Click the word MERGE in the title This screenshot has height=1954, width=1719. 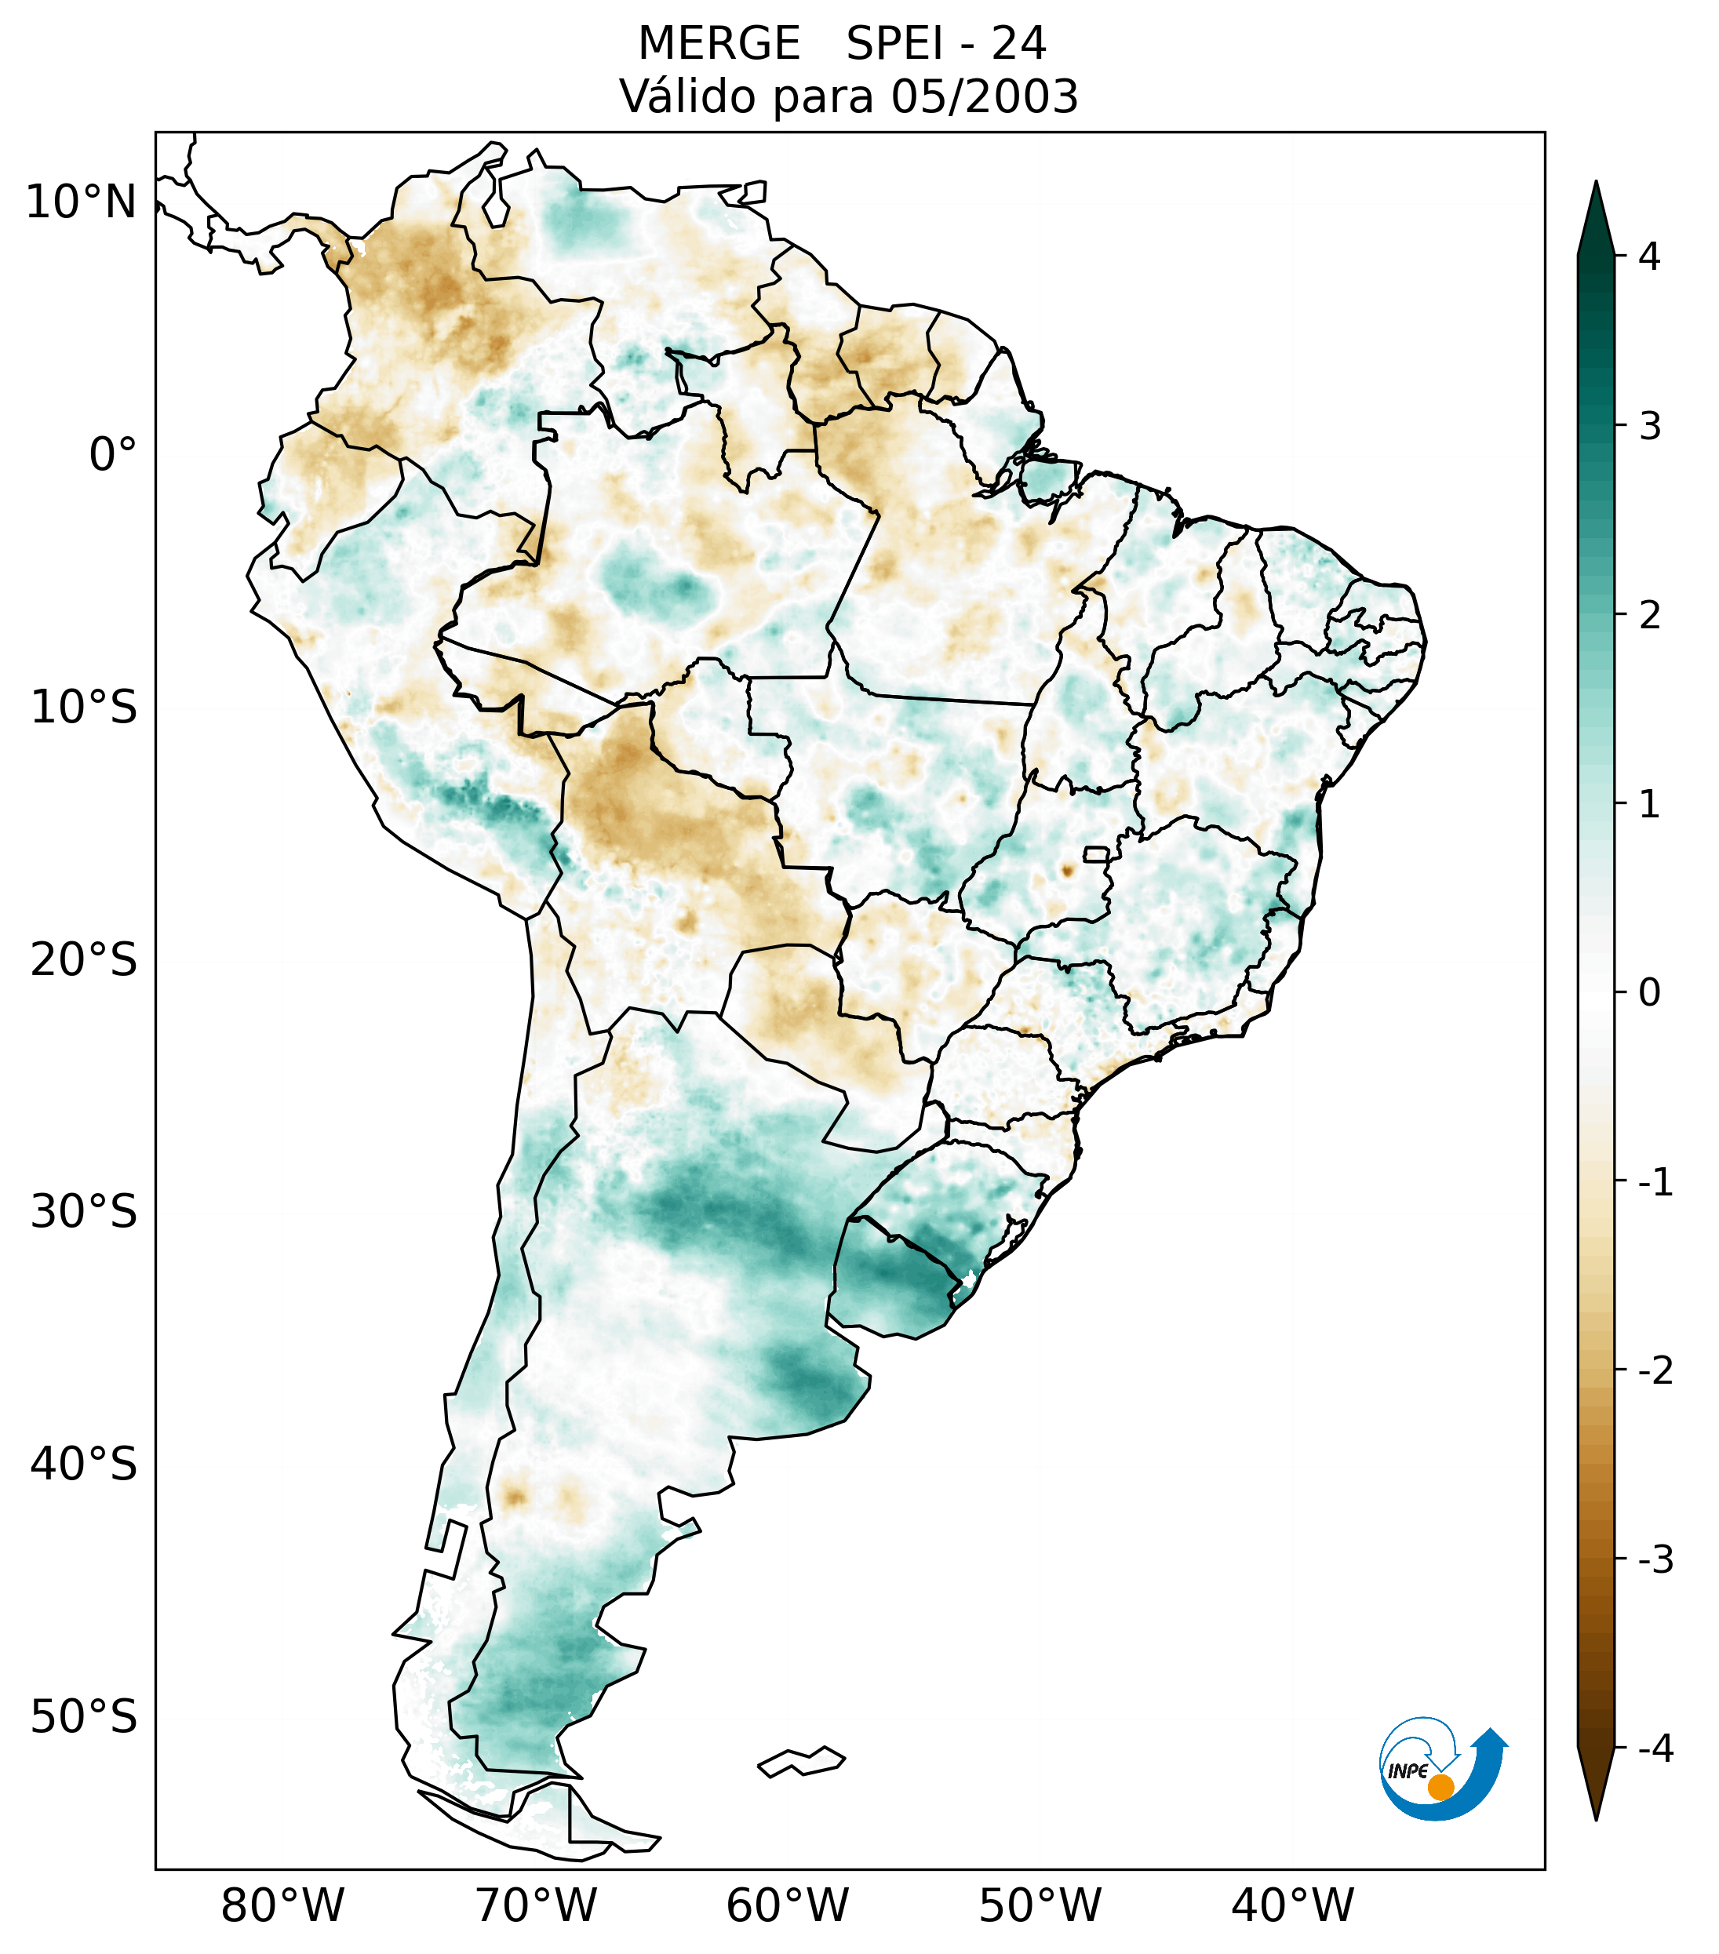click(718, 44)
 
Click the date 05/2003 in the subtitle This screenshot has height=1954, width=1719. click(984, 96)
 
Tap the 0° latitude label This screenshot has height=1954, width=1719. click(113, 455)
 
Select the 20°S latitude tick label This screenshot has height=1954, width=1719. click(84, 960)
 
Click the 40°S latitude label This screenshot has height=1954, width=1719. click(84, 1465)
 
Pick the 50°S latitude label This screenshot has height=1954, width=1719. click(84, 1717)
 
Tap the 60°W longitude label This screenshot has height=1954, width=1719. click(787, 1905)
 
